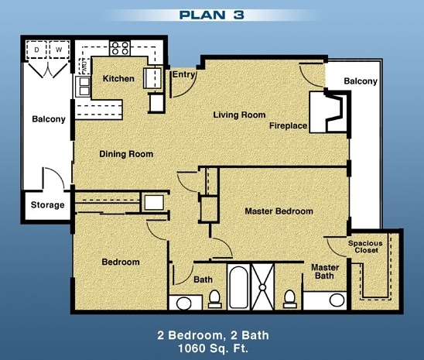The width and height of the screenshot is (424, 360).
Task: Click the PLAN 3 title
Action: click(211, 14)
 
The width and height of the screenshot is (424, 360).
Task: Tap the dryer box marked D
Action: click(36, 50)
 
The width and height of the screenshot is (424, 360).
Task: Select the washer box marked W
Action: click(58, 50)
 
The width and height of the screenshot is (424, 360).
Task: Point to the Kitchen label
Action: click(118, 79)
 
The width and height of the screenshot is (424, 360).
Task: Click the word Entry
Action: click(183, 75)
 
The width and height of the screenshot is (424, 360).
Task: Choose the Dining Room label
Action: click(126, 154)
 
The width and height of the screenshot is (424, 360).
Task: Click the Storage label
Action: click(47, 205)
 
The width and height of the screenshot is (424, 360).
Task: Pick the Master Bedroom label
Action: click(279, 211)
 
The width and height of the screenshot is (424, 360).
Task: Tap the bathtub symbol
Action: click(239, 288)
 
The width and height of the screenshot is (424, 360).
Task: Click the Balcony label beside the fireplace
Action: click(360, 81)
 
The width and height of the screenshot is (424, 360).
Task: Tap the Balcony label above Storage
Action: click(48, 119)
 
